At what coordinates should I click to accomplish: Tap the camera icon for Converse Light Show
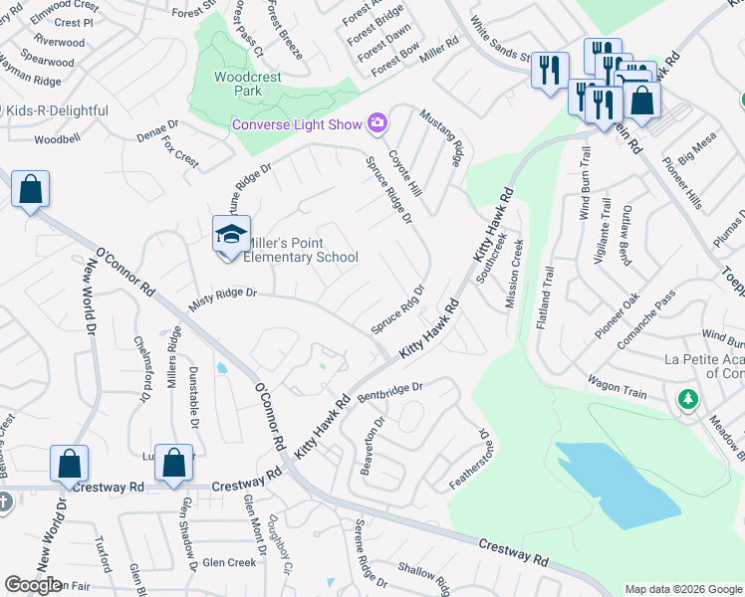coord(377,123)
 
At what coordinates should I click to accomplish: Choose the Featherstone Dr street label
coord(470,459)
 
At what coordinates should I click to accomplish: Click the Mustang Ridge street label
coord(443,138)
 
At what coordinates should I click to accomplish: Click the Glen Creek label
coord(229,562)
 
